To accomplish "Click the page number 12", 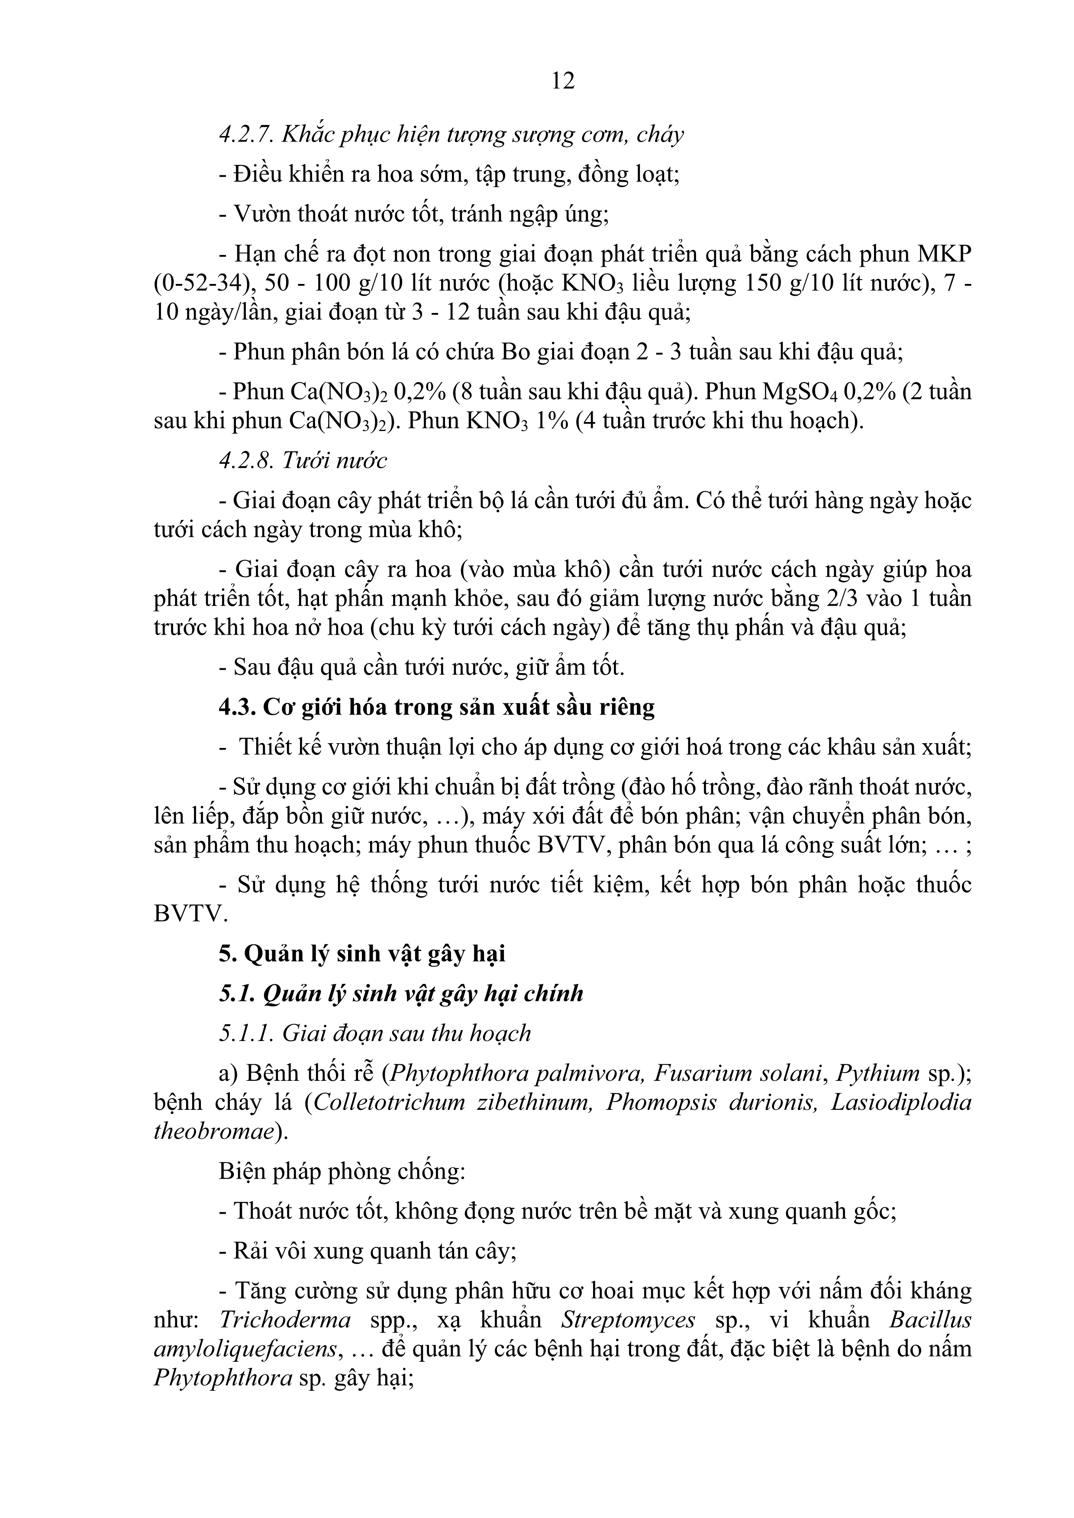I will (x=563, y=81).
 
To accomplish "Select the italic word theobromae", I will (x=213, y=1131).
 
